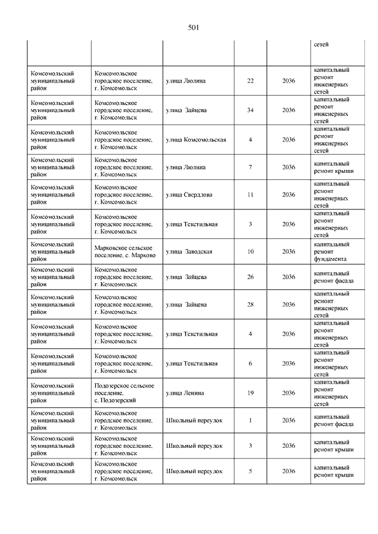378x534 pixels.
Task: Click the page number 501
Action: point(194,28)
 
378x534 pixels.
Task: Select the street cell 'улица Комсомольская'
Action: point(196,140)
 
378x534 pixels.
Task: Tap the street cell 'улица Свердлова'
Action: point(190,195)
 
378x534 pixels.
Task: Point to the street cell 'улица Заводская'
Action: point(189,252)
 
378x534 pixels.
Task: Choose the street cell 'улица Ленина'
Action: point(185,393)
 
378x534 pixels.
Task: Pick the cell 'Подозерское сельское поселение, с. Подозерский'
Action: point(124,393)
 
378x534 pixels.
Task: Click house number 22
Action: point(250,81)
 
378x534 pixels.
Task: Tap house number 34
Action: point(250,110)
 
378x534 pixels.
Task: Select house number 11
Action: point(250,195)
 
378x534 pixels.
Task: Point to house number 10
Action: point(250,252)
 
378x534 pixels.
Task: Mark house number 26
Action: point(250,277)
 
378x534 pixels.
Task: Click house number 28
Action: point(250,305)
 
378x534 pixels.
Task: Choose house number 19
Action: point(250,393)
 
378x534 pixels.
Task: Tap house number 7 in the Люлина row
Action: point(250,168)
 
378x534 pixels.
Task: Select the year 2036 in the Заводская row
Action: point(288,252)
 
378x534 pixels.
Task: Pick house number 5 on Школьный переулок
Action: point(250,471)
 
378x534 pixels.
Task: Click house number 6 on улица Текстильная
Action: point(250,363)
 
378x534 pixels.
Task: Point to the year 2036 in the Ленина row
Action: point(288,393)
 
